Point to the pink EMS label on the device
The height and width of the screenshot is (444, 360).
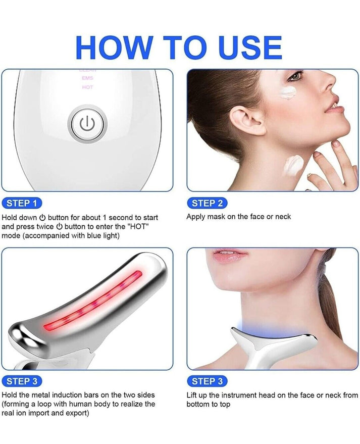pos(87,78)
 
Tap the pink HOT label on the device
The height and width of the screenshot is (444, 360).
pos(87,87)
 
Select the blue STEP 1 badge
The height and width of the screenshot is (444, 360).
pos(22,204)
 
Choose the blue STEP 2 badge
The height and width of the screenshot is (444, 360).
pos(207,204)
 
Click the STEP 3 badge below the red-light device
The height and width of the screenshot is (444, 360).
pos(22,381)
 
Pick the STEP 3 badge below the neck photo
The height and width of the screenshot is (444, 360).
pos(207,381)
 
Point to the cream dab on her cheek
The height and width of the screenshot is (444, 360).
pos(289,93)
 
